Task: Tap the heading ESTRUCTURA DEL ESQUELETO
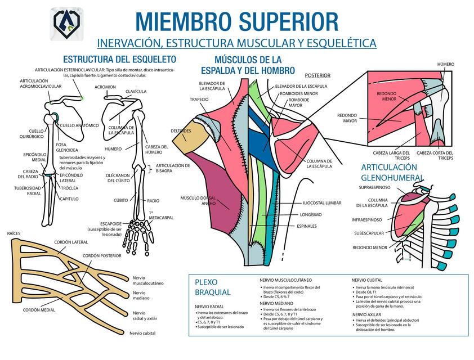pos(119,59)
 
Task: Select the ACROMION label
pos(105,87)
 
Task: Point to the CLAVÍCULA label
pos(136,91)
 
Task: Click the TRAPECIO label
pos(199,99)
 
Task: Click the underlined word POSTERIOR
pos(318,75)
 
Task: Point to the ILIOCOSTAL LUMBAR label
pos(322,202)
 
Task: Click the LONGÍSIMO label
pos(311,214)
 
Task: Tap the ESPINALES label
pos(306,226)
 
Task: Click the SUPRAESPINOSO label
pos(374,187)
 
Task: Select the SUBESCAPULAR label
pos(369,233)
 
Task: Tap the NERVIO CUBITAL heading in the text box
pos(367,280)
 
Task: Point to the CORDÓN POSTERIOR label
pos(102,256)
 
